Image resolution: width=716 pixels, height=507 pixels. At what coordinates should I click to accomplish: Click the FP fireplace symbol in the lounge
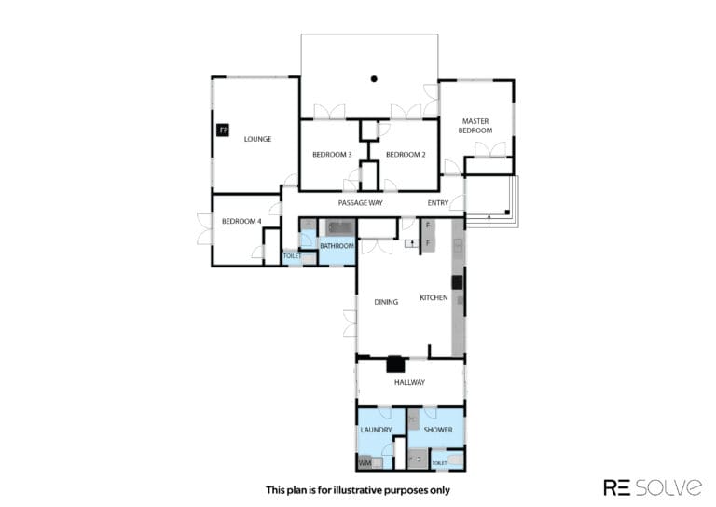point(223,130)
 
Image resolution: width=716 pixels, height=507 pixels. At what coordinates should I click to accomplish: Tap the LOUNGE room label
point(257,139)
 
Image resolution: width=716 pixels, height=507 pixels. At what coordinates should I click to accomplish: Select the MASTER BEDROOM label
point(475,126)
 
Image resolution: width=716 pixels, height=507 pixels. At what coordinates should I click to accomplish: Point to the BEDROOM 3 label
point(332,155)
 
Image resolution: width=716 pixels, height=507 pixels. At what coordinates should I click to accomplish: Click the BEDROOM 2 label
point(406,155)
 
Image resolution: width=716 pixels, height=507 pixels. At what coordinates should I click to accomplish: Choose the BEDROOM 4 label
point(241,221)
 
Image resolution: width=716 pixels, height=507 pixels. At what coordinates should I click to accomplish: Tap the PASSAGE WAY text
point(360,202)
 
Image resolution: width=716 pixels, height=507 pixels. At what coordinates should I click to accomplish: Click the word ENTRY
point(438,202)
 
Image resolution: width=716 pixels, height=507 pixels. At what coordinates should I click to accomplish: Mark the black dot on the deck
point(374,79)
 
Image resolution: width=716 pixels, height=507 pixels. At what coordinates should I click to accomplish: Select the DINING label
point(386,302)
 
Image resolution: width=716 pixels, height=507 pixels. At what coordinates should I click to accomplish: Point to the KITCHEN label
point(434,297)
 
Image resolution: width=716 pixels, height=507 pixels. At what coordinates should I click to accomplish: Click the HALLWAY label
point(409,382)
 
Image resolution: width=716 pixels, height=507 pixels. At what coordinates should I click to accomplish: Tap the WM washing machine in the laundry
point(365,463)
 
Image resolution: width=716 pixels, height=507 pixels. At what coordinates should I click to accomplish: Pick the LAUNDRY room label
point(377,430)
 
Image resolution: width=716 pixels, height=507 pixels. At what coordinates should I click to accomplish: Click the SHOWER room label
point(438,430)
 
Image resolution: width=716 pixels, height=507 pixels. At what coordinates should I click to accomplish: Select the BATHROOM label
point(337,246)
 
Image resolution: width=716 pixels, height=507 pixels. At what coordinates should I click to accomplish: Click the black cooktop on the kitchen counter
point(457,282)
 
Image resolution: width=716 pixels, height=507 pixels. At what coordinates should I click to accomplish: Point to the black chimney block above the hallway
point(395,364)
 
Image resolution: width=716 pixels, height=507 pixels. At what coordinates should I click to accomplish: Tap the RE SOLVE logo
point(653,487)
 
